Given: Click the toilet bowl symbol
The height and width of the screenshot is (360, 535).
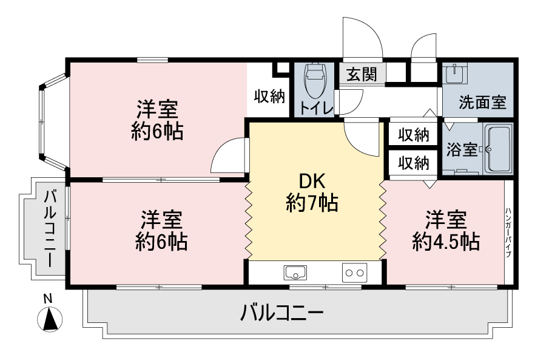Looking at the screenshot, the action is (x=315, y=80).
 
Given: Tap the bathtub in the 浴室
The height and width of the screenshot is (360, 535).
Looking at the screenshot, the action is (x=498, y=149).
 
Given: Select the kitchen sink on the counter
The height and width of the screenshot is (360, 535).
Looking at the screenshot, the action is (x=295, y=273).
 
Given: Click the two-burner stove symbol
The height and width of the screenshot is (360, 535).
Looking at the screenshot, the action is (x=354, y=273).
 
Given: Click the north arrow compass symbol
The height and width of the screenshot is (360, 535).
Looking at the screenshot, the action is (x=50, y=319).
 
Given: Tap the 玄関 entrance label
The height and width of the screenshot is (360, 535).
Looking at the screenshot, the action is (x=362, y=74).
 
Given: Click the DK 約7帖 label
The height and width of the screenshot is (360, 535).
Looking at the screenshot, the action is (x=312, y=192).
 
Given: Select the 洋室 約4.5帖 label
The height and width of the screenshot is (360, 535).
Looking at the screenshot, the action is (x=446, y=231).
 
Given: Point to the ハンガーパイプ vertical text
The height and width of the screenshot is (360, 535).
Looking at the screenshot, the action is (x=508, y=233).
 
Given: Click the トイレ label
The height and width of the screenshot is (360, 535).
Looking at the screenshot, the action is (x=316, y=109).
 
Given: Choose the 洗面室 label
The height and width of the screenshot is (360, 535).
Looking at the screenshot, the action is (x=482, y=102).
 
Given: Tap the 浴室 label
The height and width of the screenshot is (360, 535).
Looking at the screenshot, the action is (x=462, y=149).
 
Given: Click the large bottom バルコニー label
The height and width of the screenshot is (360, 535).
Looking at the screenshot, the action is (x=282, y=313).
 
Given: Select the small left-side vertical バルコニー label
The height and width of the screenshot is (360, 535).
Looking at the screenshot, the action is (x=50, y=229).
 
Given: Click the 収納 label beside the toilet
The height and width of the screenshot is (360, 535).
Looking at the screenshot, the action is (x=269, y=97).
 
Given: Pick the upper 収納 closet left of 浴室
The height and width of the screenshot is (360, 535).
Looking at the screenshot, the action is (x=414, y=135).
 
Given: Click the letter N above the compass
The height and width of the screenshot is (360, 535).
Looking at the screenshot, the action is (x=48, y=299).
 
